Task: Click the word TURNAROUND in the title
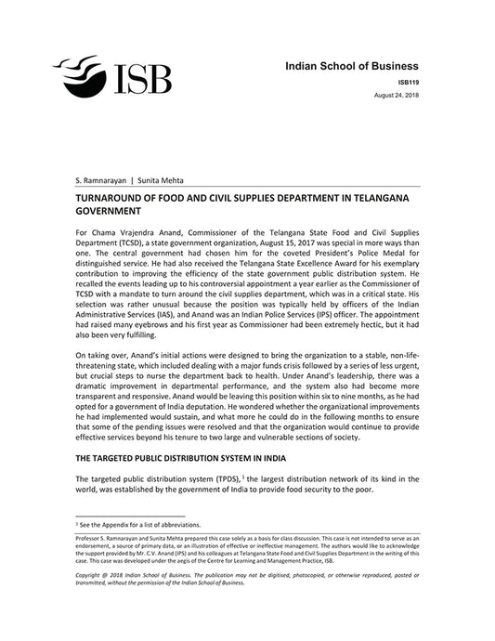click(x=118, y=199)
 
